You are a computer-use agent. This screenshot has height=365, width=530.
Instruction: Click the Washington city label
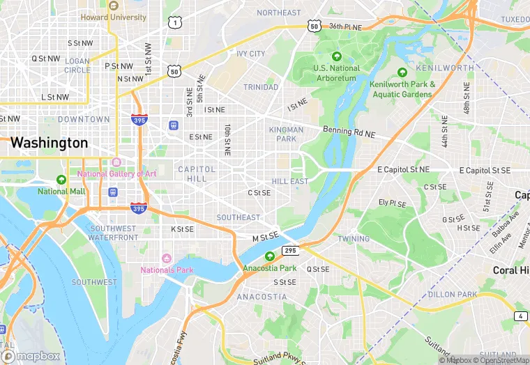coord(49,143)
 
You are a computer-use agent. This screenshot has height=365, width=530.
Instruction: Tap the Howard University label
coord(113,17)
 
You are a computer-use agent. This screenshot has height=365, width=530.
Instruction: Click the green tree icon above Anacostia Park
coord(269,256)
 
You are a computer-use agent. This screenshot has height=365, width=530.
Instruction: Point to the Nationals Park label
coord(167,270)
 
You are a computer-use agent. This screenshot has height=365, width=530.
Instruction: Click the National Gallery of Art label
coord(116,173)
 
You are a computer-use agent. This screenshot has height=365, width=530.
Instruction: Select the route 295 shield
coord(291,249)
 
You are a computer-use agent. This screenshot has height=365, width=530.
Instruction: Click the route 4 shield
coord(521,316)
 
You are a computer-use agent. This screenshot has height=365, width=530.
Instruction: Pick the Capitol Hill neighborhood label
coord(192,173)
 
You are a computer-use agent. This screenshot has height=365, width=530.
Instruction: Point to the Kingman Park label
coord(286,134)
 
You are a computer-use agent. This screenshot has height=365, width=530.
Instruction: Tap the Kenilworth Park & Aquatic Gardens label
coord(402,89)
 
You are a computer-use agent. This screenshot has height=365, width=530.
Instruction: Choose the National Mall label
coord(61,191)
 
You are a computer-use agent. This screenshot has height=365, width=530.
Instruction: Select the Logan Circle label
coord(77,65)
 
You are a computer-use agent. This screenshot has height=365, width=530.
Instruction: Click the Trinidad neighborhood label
coord(260,87)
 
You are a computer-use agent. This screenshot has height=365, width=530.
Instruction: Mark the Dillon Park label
coord(452,294)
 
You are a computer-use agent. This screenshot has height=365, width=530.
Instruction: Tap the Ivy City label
coord(251,54)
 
